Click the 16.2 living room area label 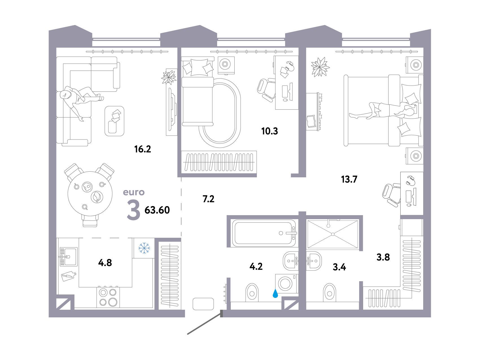tap(143, 149)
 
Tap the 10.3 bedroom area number tap(270, 131)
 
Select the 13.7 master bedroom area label tap(349, 179)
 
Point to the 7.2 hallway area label tap(209, 199)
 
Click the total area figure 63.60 tap(157, 210)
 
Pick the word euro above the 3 tap(134, 192)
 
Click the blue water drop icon tap(275, 293)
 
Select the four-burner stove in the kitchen tap(108, 297)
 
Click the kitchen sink tap(68, 257)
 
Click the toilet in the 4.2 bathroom tap(252, 293)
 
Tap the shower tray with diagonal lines tap(333, 234)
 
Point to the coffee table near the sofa tap(115, 121)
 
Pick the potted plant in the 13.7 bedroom tap(320, 67)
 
